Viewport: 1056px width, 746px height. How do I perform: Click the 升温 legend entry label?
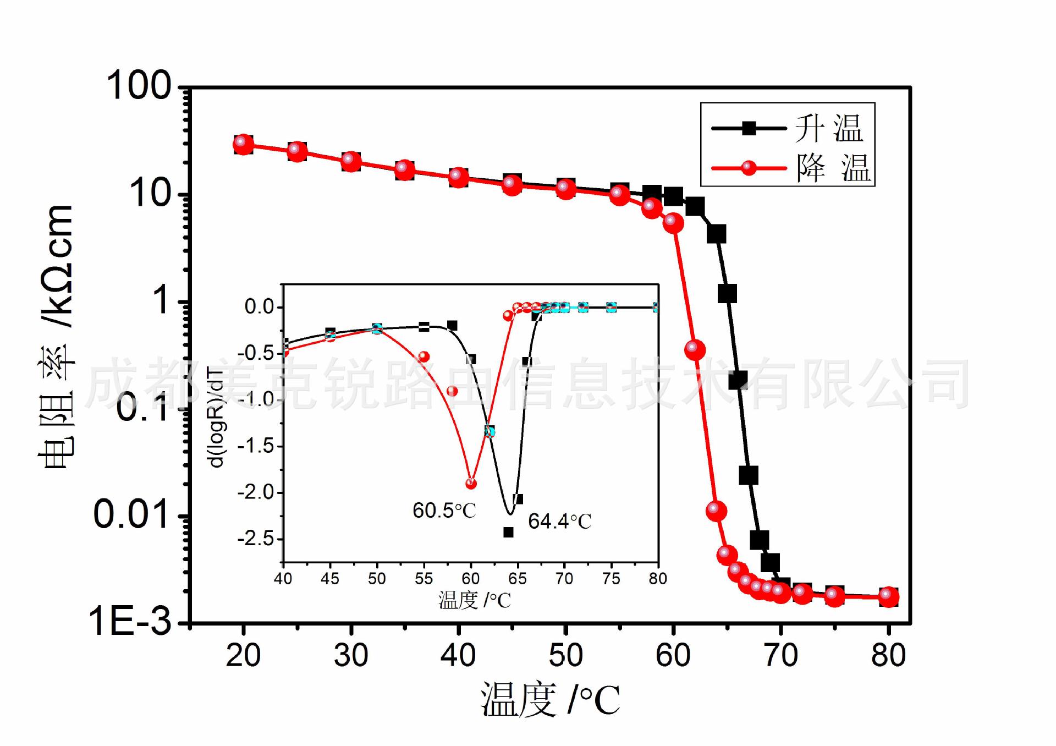point(829,129)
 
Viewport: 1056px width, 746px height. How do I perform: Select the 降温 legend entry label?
point(833,168)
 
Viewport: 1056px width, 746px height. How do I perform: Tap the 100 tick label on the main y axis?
point(139,86)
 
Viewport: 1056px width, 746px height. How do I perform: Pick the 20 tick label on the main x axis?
point(243,656)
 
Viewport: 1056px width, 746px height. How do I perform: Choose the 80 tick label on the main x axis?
point(888,656)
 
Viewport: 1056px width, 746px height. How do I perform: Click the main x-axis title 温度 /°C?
point(550,700)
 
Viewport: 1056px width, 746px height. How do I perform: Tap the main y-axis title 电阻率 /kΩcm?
point(56,337)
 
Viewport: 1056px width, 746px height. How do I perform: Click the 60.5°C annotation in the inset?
point(444,511)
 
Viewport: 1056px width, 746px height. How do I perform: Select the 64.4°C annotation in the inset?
point(559,521)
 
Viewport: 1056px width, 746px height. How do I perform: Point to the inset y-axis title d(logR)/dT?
point(217,418)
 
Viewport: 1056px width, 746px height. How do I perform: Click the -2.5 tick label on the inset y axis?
point(256,539)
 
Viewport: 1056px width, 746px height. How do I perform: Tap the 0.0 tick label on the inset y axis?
point(260,306)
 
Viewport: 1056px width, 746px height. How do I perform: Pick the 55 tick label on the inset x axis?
point(424,579)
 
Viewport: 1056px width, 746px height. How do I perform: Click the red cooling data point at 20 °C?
point(243,144)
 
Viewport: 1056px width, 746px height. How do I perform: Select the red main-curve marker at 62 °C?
point(695,349)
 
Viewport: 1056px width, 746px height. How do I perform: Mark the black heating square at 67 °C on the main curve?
point(749,475)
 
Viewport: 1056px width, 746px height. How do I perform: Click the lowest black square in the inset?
point(509,532)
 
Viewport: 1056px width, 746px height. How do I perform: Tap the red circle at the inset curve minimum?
point(471,484)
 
